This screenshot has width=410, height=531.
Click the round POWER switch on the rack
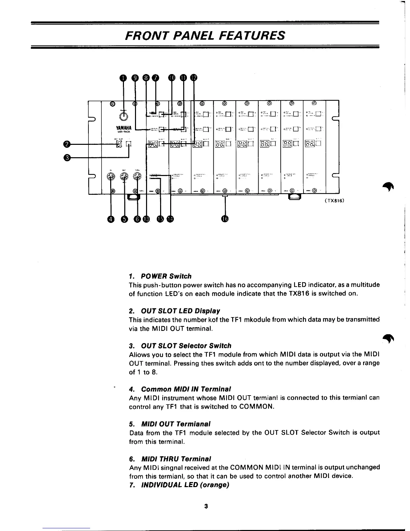pyautogui.click(x=124, y=117)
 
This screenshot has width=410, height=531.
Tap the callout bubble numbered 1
pyautogui.click(x=124, y=78)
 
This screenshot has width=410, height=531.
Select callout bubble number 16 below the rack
pyautogui.click(x=225, y=219)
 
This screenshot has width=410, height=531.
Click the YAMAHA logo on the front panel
pyautogui.click(x=124, y=128)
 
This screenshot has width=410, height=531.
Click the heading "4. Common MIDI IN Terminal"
pyautogui.click(x=180, y=389)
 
